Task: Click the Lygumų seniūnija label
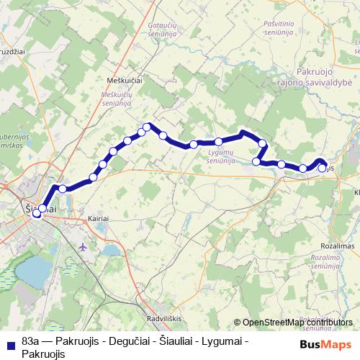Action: pos(220,156)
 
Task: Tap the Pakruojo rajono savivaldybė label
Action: pos(323,77)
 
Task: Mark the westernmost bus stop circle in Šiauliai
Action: pos(36,213)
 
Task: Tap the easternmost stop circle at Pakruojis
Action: pos(322,168)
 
